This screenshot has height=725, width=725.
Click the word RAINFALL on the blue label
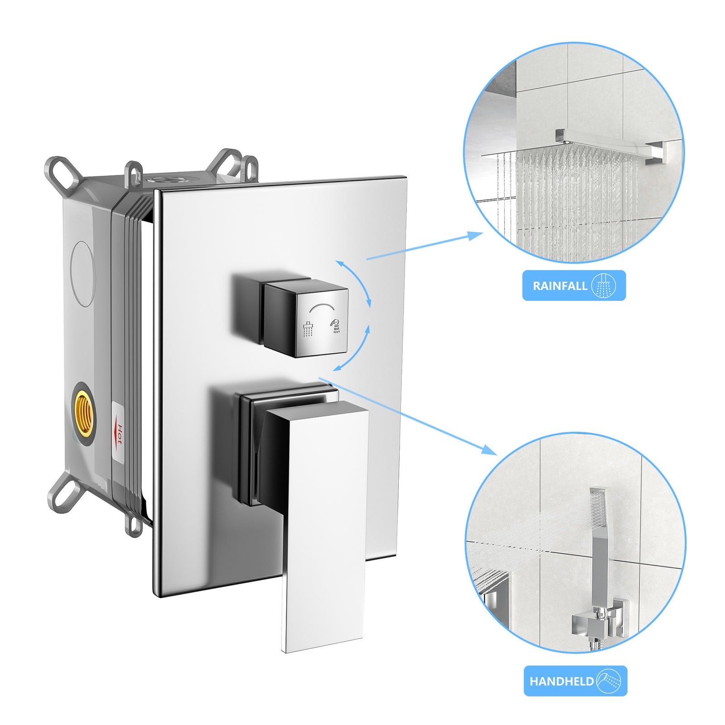(559, 286)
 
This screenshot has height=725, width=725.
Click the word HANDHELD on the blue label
(561, 681)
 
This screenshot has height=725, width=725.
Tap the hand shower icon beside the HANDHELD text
(609, 681)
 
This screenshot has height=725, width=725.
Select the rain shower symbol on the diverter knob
(308, 329)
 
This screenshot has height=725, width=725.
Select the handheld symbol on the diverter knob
(336, 326)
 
